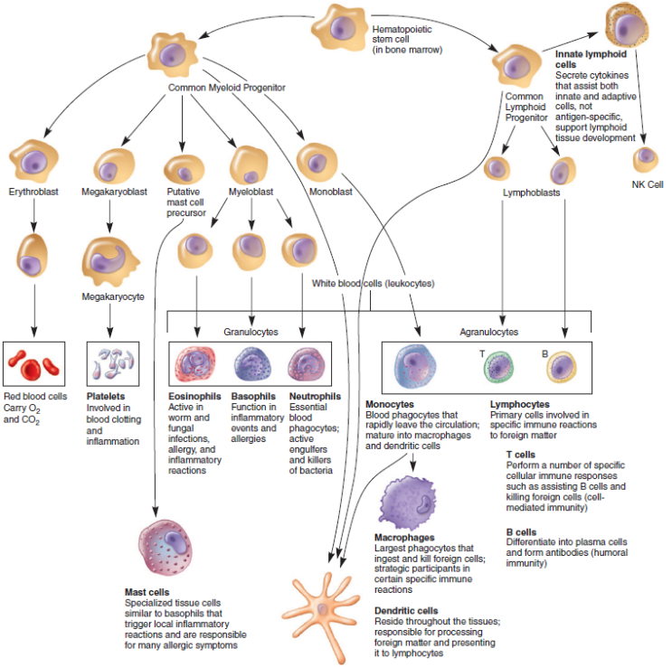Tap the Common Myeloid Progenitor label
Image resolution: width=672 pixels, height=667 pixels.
tap(227, 88)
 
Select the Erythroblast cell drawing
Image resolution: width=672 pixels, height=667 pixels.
tap(34, 161)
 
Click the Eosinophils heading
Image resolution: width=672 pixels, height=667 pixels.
tap(195, 396)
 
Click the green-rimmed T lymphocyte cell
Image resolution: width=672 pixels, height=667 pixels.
tap(497, 367)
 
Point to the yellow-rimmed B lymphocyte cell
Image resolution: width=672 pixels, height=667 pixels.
tap(562, 366)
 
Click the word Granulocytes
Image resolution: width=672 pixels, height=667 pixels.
tap(251, 332)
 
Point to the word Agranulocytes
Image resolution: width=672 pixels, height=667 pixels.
tap(490, 332)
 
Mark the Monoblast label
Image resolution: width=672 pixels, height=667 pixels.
tap(318, 192)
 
